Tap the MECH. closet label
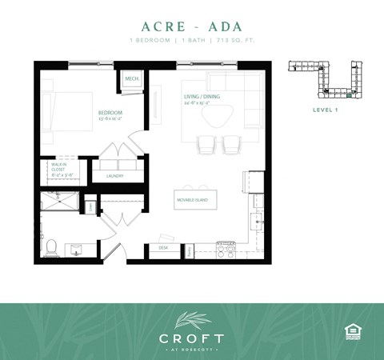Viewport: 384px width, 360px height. click(x=132, y=78)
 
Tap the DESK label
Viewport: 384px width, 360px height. click(x=162, y=247)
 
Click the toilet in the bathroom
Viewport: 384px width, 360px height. click(x=50, y=247)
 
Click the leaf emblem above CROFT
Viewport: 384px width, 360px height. click(x=192, y=318)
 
